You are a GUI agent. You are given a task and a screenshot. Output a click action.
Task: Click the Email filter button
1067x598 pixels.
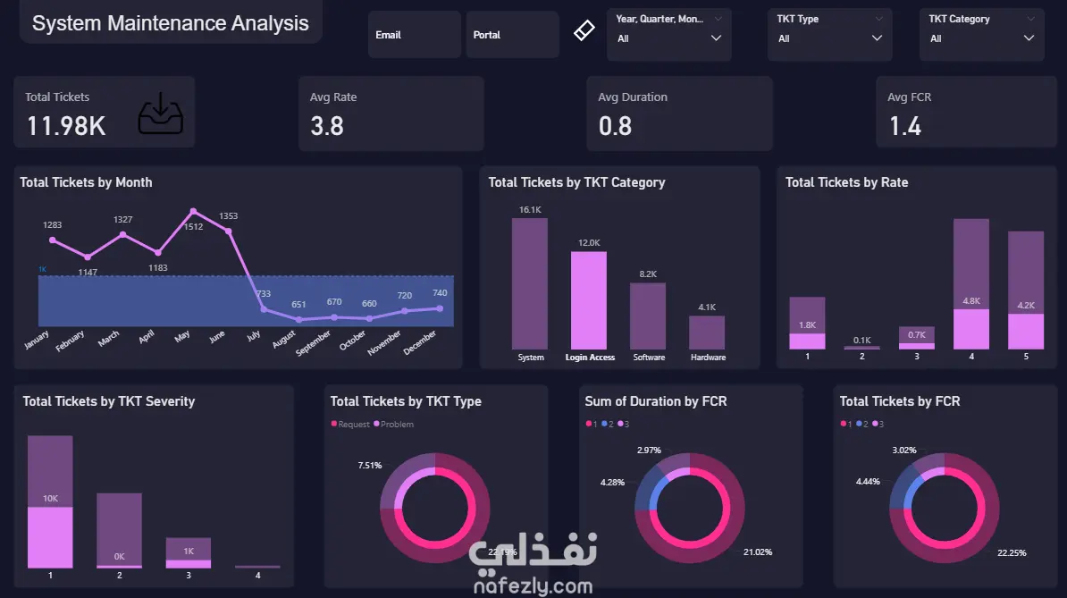414,35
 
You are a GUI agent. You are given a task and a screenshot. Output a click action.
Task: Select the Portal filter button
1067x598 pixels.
511,35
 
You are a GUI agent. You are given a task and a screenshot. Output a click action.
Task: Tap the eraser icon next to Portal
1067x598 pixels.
583,31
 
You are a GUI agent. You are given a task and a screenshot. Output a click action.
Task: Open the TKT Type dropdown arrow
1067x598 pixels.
877,38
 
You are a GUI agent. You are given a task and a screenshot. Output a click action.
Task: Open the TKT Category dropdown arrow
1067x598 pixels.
1029,38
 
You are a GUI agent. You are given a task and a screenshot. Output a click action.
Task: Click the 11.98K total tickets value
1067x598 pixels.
66,126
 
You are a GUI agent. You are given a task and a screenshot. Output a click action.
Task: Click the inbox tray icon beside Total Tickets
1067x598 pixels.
161,114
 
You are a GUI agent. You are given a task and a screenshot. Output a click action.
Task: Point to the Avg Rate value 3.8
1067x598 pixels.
327,126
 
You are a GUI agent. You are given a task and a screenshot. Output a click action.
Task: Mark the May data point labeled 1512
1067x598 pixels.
193,212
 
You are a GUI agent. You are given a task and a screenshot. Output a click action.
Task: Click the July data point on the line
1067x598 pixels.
264,308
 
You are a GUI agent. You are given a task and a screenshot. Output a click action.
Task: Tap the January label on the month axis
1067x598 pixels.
38,341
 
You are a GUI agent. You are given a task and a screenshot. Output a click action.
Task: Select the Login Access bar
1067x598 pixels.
589,300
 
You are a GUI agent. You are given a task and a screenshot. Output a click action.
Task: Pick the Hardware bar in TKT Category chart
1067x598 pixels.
707,333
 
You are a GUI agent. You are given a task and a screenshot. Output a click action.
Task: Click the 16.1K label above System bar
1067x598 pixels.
530,209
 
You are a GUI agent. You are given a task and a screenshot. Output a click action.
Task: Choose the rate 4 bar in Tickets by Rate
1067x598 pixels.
971,284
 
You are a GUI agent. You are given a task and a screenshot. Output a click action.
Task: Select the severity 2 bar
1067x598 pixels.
119,530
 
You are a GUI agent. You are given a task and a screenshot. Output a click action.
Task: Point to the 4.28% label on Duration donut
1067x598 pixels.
613,482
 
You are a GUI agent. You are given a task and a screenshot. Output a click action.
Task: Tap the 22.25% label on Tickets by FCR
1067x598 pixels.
1012,552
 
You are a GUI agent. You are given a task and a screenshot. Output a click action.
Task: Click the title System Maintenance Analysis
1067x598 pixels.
171,24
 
